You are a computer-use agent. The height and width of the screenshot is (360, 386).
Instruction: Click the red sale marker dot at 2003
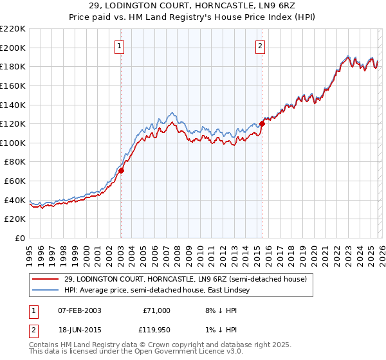121,170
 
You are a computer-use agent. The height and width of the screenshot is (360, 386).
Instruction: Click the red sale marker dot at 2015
262,124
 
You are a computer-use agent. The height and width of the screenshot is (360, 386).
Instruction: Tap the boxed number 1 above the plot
120,46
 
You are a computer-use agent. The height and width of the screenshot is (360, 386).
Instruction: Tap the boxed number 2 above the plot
261,46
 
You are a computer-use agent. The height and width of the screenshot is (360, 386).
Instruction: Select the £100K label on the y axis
13,143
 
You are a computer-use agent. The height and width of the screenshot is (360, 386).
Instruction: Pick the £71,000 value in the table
156,310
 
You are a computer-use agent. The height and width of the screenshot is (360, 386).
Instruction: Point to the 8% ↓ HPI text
217,310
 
